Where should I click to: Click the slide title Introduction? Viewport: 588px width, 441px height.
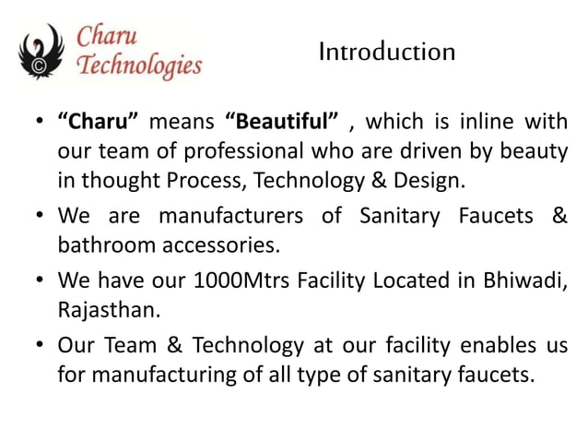[x=386, y=53]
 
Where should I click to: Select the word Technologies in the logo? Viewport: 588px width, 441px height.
[x=139, y=66]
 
